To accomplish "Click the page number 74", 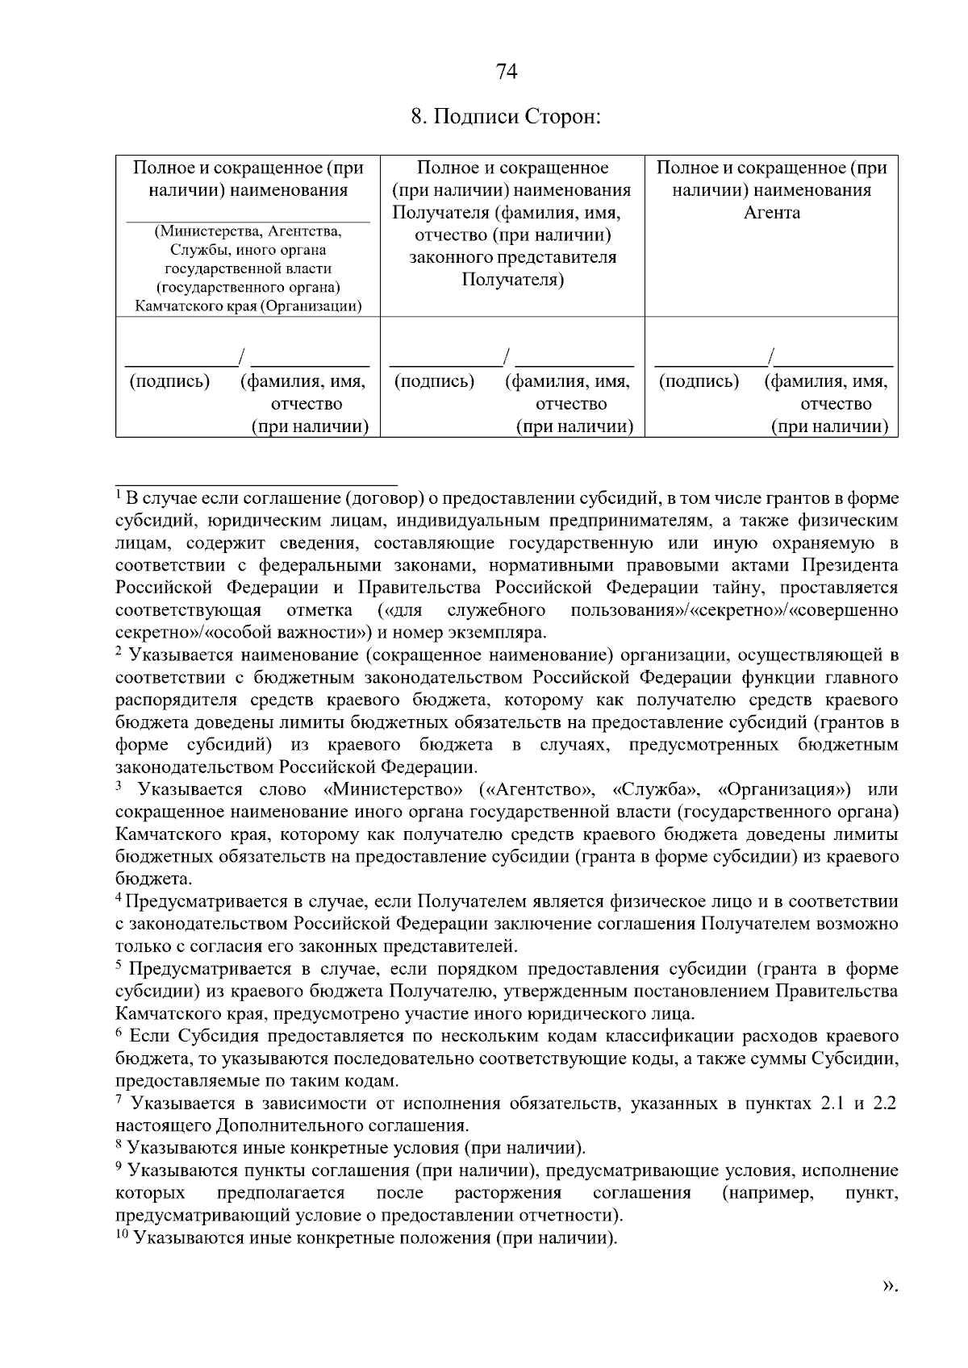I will [x=507, y=73].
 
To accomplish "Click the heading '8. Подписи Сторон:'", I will [x=507, y=117].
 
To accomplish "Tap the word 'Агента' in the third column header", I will [x=772, y=213].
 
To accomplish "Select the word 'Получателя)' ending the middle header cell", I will [x=512, y=280].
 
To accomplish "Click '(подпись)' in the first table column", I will [x=170, y=381].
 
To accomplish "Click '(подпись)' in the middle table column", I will [x=434, y=381].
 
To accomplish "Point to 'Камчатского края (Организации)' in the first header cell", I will [x=248, y=306].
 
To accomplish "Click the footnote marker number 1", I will [x=119, y=493].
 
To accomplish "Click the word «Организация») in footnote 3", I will [x=784, y=788].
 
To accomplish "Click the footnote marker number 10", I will [x=123, y=1234].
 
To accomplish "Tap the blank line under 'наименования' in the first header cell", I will [x=248, y=220].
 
